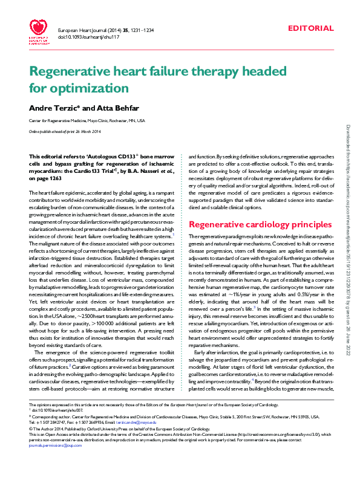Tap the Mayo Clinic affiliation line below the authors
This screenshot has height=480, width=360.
pos(87,120)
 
